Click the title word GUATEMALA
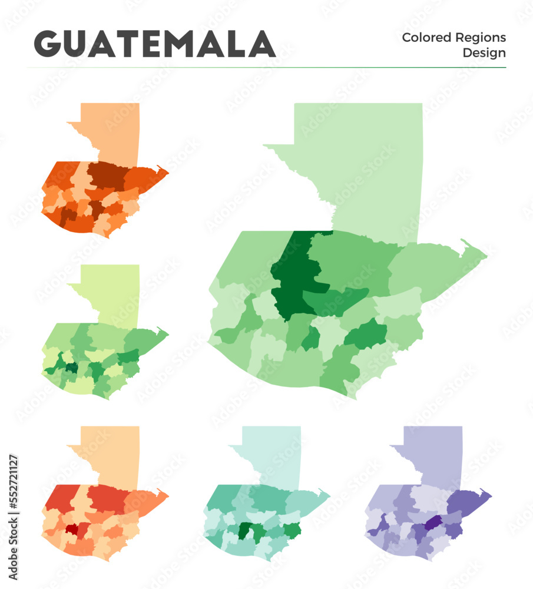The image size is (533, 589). [x=155, y=44]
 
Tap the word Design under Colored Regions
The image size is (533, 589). [x=484, y=53]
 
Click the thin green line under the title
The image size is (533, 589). [x=265, y=68]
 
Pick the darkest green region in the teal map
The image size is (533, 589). [x=243, y=531]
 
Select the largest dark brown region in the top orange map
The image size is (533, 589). [x=106, y=176]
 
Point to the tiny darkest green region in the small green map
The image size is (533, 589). [x=71, y=368]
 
